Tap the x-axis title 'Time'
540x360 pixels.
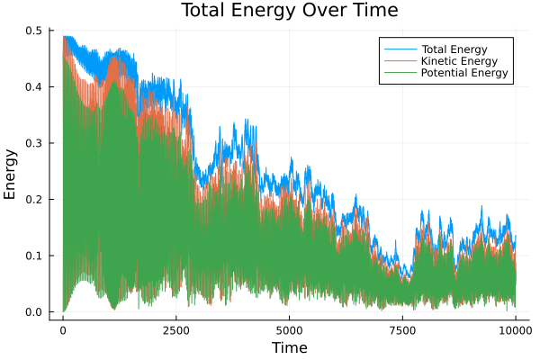click(x=290, y=347)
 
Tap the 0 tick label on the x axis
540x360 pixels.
click(x=63, y=330)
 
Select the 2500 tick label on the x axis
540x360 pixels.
click(x=176, y=330)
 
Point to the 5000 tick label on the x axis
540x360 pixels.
click(x=289, y=330)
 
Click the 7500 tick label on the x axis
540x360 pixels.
click(x=402, y=330)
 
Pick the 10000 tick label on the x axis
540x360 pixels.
click(x=516, y=330)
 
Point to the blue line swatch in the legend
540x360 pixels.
click(x=400, y=47)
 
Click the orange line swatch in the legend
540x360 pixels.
click(x=400, y=59)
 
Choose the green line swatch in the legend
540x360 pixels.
click(x=400, y=72)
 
